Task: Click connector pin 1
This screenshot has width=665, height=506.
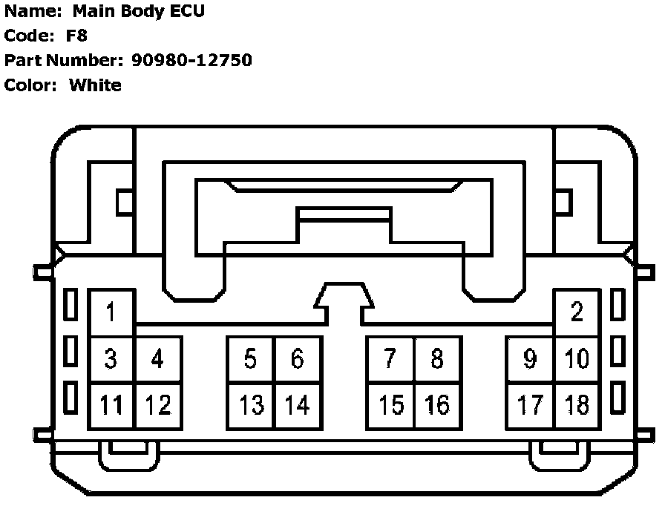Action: [111, 312]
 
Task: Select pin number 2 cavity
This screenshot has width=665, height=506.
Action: [577, 312]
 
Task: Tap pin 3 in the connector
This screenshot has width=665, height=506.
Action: [111, 359]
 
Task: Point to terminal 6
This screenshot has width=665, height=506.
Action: [298, 359]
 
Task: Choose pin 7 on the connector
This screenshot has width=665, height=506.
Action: [390, 359]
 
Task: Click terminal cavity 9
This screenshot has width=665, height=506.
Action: [530, 359]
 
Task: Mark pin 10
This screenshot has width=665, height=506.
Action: [577, 359]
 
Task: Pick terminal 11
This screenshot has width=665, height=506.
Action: [111, 405]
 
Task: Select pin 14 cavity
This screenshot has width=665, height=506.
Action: [298, 405]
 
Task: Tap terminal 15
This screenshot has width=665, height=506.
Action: [390, 405]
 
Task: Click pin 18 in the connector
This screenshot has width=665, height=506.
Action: [577, 405]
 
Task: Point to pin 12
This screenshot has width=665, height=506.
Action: [158, 405]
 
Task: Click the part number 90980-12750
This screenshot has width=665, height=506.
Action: [191, 60]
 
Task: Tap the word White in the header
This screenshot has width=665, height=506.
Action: [95, 85]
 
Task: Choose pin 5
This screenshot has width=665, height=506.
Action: [251, 359]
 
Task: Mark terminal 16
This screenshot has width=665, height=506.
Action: [437, 405]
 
